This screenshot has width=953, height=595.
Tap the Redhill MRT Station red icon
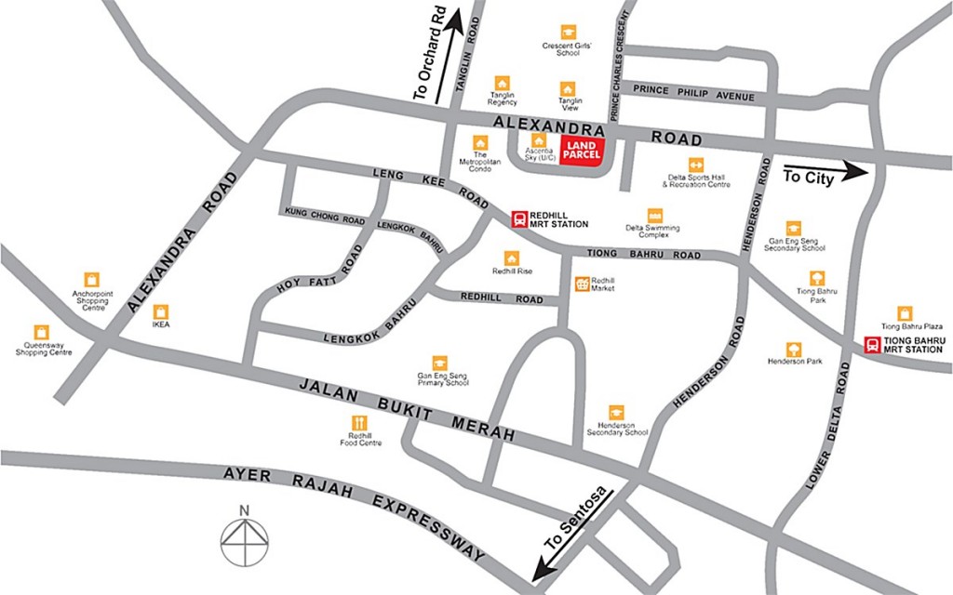tap(519, 218)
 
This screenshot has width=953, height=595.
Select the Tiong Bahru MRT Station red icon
tap(872, 345)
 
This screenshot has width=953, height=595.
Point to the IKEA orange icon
tap(161, 311)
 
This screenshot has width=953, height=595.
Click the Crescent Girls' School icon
tap(568, 33)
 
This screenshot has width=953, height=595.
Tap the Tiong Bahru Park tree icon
tap(816, 277)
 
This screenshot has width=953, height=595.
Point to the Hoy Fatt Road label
tap(317, 272)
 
